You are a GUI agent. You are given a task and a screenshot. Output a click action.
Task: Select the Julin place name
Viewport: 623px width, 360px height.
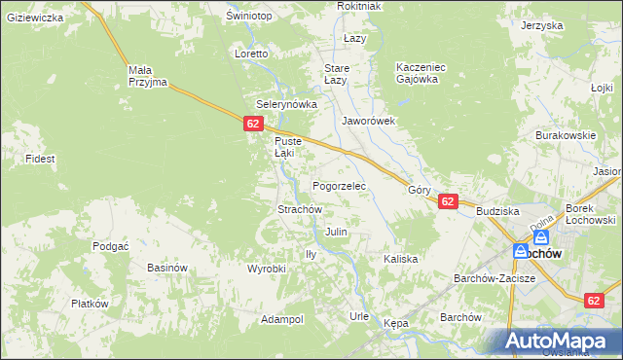(x=336, y=233)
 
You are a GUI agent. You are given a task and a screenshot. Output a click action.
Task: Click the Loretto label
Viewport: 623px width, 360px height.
(x=251, y=54)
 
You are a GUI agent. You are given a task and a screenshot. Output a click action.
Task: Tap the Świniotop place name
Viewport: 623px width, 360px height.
(x=247, y=17)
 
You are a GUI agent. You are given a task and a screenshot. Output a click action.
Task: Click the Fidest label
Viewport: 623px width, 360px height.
(x=40, y=158)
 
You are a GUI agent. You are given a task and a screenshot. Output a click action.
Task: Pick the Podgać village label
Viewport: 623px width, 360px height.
(x=111, y=246)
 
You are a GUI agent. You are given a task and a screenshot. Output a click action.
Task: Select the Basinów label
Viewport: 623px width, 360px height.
(x=165, y=268)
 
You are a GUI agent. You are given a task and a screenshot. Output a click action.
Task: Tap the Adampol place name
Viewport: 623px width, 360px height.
(x=282, y=319)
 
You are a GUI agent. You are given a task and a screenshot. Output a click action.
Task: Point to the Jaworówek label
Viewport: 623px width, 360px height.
(x=368, y=122)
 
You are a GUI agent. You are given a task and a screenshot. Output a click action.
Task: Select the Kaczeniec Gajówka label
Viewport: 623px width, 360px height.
(x=421, y=73)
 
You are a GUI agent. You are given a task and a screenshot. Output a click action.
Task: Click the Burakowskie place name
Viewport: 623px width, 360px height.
(x=565, y=136)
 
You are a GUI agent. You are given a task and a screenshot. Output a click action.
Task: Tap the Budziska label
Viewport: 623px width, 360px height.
(x=497, y=211)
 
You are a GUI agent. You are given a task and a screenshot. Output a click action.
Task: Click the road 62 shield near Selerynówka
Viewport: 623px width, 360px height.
(x=253, y=124)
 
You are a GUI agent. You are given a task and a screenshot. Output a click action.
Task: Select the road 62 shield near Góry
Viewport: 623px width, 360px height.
(x=447, y=201)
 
